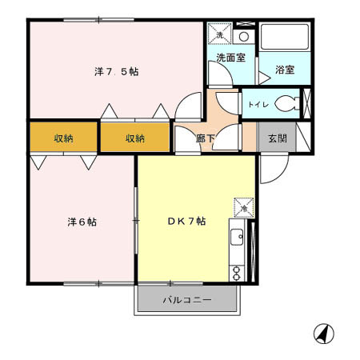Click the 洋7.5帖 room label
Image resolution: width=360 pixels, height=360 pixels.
click(x=117, y=72)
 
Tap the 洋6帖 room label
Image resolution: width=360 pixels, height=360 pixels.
click(x=82, y=222)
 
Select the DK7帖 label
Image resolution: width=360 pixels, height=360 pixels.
click(x=186, y=221)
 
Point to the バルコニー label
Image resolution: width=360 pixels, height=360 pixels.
click(x=187, y=300)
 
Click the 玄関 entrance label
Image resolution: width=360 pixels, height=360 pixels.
click(x=278, y=138)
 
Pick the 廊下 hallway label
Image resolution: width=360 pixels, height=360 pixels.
click(x=205, y=138)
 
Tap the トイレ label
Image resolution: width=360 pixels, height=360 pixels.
click(x=258, y=104)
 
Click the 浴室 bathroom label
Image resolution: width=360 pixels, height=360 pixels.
click(x=285, y=70)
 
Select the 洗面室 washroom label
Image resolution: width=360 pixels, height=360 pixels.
click(x=231, y=58)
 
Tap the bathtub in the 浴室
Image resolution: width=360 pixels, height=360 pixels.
click(x=285, y=37)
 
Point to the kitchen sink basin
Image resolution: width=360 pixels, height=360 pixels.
click(x=237, y=237)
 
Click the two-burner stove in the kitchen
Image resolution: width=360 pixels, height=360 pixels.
click(x=237, y=274)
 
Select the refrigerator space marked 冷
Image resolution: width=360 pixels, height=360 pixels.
click(x=244, y=208)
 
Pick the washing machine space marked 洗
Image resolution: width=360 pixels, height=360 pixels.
click(x=220, y=34)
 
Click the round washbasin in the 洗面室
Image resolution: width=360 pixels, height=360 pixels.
click(x=244, y=37)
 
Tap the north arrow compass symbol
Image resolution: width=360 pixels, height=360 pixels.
click(x=324, y=334)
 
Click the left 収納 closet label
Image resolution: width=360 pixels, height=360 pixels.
click(x=63, y=138)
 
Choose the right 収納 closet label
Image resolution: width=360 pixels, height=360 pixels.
click(x=135, y=138)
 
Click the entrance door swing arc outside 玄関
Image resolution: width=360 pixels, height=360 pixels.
click(x=282, y=174)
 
